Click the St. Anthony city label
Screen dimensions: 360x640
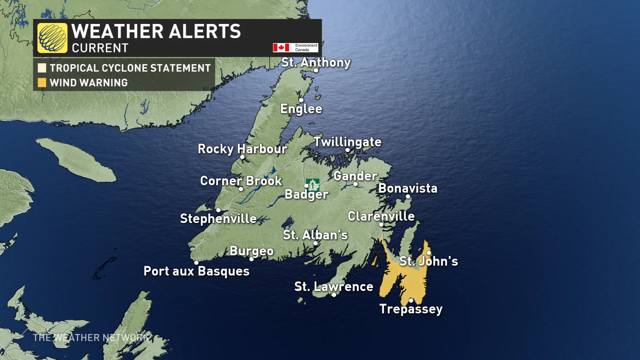coord(316,62)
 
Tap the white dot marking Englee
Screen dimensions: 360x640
coord(301,100)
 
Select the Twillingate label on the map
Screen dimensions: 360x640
coord(347,142)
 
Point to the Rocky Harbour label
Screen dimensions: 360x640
coord(242,149)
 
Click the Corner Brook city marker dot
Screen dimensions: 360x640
coord(241,189)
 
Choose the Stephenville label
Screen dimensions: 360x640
coord(218,219)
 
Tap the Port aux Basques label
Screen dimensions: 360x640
coord(196,271)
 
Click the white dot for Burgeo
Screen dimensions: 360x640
coord(252,259)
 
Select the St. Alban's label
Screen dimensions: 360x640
coord(315,235)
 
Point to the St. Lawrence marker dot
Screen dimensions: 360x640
coord(334,295)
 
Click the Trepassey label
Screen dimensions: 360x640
coord(411,309)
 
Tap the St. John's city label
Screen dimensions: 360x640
coord(429,261)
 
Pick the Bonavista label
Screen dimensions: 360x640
coord(408,188)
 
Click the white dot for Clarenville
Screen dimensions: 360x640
coord(381,224)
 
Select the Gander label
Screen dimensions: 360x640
coord(355,176)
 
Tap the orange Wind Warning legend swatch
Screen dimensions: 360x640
coord(42,82)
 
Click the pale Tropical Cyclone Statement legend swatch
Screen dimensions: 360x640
coord(42,68)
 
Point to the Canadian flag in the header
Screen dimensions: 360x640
coord(281,48)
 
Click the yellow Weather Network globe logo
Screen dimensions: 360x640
coord(52,38)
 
